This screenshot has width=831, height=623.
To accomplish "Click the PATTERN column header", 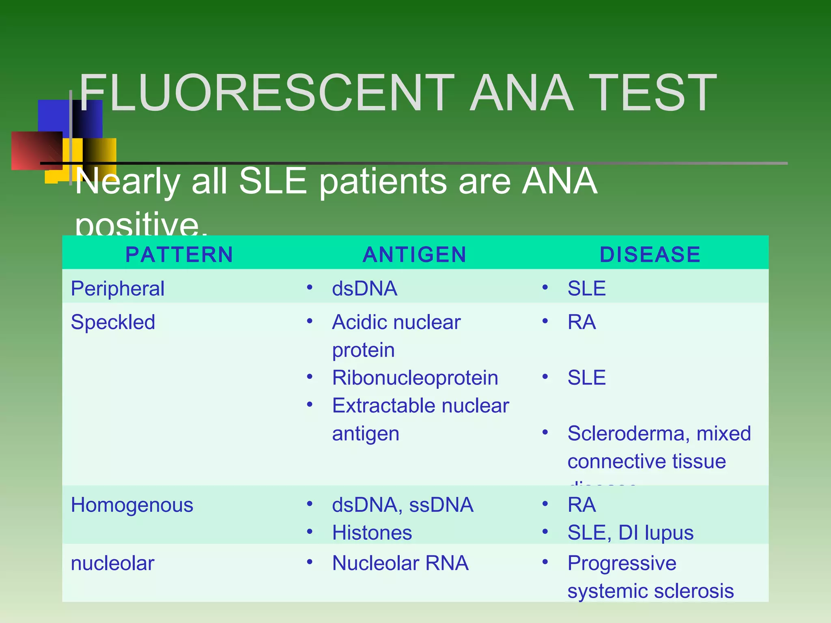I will (x=179, y=255).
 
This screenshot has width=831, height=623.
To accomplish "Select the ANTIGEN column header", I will (x=414, y=255).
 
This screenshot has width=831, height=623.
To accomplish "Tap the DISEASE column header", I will (x=650, y=255).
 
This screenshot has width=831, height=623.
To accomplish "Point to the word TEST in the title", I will (x=653, y=93).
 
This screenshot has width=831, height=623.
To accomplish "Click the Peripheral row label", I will (x=118, y=289).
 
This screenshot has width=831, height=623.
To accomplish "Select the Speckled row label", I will (x=113, y=322).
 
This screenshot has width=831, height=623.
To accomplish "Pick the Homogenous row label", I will (x=132, y=505).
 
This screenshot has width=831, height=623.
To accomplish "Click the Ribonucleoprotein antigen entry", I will (x=415, y=378).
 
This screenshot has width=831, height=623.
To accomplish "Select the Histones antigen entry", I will (x=372, y=533).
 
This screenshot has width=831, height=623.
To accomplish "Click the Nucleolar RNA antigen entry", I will (x=400, y=563).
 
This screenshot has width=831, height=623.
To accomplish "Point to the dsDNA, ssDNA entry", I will (x=403, y=505).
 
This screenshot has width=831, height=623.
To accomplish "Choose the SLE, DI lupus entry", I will (x=630, y=533).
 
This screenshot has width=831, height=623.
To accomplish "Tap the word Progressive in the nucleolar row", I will (x=622, y=563).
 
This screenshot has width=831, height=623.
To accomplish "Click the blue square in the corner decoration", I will (x=53, y=116).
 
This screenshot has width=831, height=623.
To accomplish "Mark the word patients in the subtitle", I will (x=383, y=181).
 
